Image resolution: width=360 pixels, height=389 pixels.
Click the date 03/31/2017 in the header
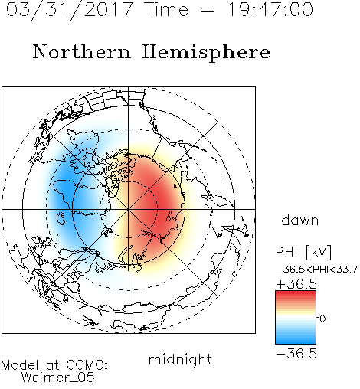[x=69, y=10]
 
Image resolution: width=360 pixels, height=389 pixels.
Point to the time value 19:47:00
[x=270, y=9]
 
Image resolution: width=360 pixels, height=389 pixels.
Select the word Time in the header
[x=166, y=9]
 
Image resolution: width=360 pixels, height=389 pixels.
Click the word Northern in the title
[x=82, y=51]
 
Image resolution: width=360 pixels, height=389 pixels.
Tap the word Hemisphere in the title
[x=206, y=53]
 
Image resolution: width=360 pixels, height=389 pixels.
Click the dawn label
[x=300, y=220]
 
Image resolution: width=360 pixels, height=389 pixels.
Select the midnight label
[x=180, y=360]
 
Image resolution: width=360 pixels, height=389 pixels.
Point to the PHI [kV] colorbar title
[x=303, y=252]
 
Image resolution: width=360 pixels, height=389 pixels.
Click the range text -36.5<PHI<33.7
[x=316, y=270]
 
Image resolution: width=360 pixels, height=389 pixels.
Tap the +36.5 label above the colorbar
[x=296, y=284]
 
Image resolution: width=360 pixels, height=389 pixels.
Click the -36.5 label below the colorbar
[x=296, y=354]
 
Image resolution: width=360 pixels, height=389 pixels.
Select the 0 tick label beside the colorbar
[x=322, y=319]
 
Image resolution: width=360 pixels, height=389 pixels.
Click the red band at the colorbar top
[x=296, y=293]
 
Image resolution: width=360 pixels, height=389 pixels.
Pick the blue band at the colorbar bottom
[x=296, y=341]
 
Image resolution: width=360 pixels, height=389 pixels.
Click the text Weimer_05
[x=57, y=378]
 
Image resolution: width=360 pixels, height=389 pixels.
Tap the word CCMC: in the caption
[x=87, y=365]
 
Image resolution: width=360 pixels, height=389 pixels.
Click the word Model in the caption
[x=20, y=365]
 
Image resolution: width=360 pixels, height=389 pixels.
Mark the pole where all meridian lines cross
[x=129, y=209]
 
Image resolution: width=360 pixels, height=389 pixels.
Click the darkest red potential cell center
[x=163, y=201]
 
